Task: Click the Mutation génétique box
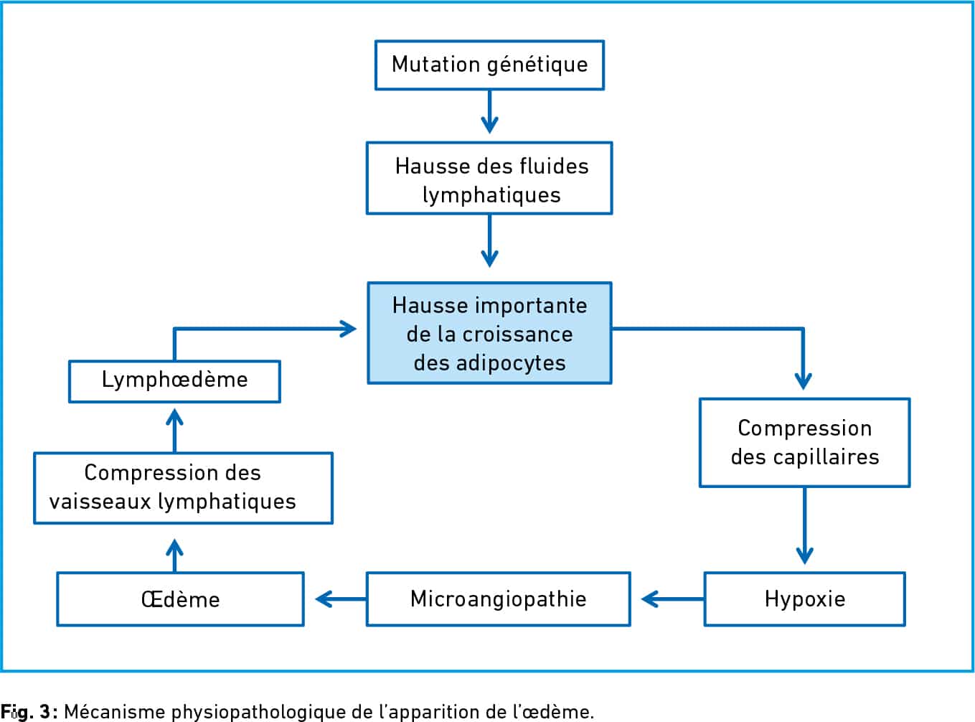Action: pyautogui.click(x=489, y=65)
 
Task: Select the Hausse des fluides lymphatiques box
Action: pyautogui.click(x=489, y=178)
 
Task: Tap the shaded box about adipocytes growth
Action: pyautogui.click(x=489, y=333)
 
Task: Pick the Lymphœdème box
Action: pyautogui.click(x=174, y=381)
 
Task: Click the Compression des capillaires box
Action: pyautogui.click(x=804, y=442)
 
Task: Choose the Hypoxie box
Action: pyautogui.click(x=804, y=599)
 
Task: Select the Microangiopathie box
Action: pyautogui.click(x=498, y=599)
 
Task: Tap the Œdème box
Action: pyautogui.click(x=180, y=599)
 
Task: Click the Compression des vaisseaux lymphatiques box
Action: pyautogui.click(x=184, y=488)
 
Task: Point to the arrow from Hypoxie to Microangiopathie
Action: pyautogui.click(x=672, y=599)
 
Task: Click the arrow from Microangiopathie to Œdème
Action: pyautogui.click(x=341, y=599)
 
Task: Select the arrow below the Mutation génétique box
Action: pyautogui.click(x=489, y=112)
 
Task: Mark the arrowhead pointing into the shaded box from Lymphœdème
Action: pyautogui.click(x=348, y=329)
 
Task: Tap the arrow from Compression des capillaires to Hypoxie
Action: pyautogui.click(x=804, y=525)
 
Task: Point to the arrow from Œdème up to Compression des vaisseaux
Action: pyautogui.click(x=174, y=555)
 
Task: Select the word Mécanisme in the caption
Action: pyautogui.click(x=114, y=711)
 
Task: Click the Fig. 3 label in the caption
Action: pyautogui.click(x=29, y=711)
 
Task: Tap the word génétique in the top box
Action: pyautogui.click(x=537, y=65)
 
